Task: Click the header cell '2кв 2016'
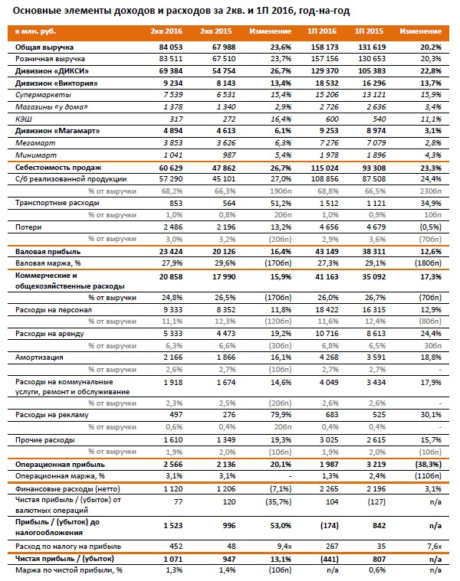coord(166,31)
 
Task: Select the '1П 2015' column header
coord(369,31)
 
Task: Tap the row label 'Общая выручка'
coord(44,47)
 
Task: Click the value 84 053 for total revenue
coord(171,47)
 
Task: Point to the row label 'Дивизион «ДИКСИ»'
coord(52,71)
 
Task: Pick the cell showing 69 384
coord(171,71)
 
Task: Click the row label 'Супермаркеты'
coord(43,95)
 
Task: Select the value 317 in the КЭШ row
coord(176,119)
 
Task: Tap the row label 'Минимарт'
coord(36,155)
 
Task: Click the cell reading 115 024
coord(324,168)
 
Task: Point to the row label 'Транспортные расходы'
coord(58,203)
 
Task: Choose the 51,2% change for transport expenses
coord(281,203)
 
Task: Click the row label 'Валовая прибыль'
coord(48,252)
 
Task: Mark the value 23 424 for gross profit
coord(171,252)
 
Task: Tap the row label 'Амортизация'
coord(39,357)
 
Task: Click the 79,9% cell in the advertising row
coord(281,415)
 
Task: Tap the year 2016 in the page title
coord(282,11)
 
